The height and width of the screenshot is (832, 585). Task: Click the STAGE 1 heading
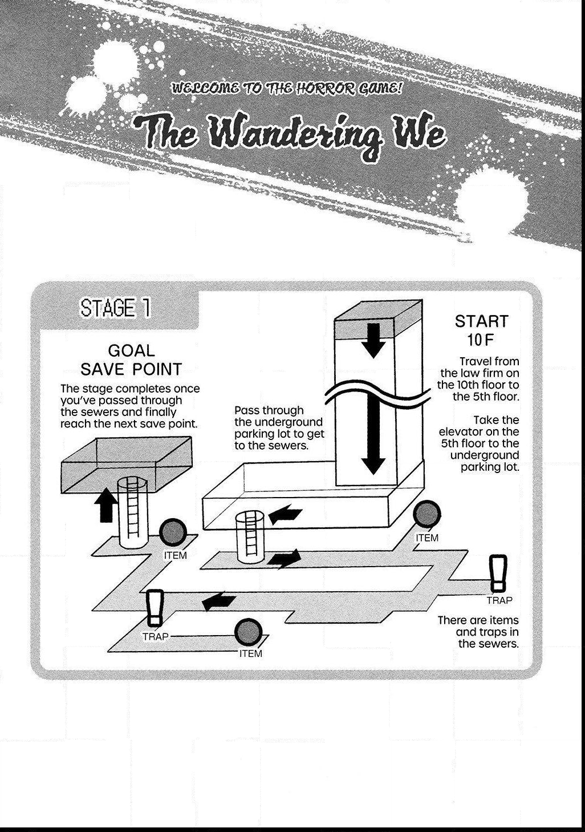116,308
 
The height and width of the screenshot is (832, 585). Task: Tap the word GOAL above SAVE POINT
131,350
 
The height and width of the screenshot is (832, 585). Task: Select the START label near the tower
481,321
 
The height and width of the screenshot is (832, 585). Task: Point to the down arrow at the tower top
373,341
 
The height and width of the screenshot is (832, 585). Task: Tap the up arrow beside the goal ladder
106,505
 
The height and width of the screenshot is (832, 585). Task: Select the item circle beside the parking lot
427,514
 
